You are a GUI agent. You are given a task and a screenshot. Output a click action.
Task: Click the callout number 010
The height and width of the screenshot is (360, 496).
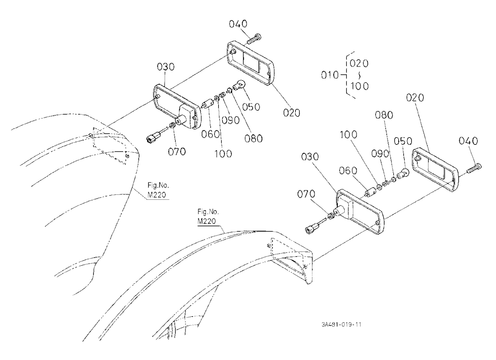(x=330, y=75)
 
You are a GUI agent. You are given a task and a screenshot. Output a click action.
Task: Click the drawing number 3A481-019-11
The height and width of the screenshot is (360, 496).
(x=341, y=325)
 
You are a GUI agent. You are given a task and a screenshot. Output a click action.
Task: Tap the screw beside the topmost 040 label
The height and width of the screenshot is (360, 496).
(x=253, y=39)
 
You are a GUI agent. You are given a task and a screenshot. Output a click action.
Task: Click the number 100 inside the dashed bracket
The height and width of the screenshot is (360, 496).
(x=359, y=86)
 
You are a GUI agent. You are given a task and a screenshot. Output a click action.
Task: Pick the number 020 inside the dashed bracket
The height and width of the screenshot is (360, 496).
(x=359, y=63)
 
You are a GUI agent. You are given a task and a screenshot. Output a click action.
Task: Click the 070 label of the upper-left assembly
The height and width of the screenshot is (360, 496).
(x=177, y=152)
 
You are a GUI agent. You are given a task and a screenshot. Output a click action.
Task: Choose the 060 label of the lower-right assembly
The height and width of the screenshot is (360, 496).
(x=348, y=171)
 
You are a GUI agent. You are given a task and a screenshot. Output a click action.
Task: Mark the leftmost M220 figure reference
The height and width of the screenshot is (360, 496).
(x=157, y=195)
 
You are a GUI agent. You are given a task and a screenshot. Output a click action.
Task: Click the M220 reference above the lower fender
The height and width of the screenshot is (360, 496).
(x=207, y=221)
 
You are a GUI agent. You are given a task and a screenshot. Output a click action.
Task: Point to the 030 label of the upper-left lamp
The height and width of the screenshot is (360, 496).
(x=166, y=67)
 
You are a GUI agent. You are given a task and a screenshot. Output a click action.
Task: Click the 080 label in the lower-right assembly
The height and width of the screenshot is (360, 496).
(x=384, y=115)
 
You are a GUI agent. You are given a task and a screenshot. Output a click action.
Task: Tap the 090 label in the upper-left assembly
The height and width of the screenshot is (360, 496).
(x=231, y=120)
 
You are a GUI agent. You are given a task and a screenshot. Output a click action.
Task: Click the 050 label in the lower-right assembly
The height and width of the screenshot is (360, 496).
(x=403, y=141)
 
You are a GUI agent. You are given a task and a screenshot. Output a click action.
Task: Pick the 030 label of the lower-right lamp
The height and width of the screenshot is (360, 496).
(x=310, y=157)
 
